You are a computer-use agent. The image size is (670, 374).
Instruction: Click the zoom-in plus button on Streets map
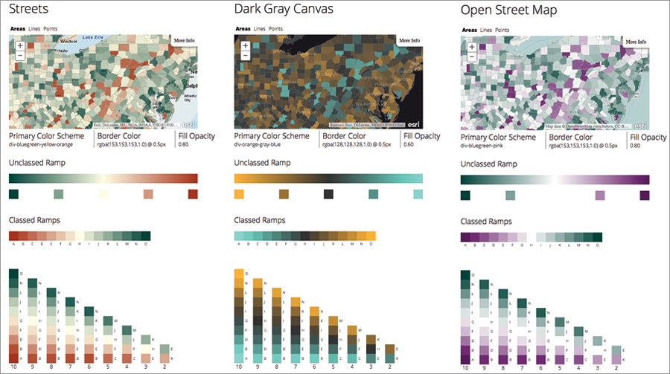pyautogui.click(x=20, y=45)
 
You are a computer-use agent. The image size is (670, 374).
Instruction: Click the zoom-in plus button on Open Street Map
pyautogui.click(x=471, y=45)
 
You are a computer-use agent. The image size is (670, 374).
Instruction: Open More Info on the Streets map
pyautogui.click(x=184, y=41)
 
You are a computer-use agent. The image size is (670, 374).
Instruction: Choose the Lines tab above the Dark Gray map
pyautogui.click(x=259, y=29)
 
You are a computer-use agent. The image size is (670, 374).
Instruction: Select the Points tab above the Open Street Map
pyautogui.click(x=502, y=30)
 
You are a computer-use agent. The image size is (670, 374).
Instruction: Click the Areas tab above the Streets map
pyautogui.click(x=18, y=29)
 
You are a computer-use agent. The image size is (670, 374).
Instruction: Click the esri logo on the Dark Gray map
pyautogui.click(x=413, y=123)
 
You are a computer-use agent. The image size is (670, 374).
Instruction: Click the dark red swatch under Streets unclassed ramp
pyautogui.click(x=193, y=194)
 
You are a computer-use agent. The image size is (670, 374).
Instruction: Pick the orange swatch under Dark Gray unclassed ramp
pyautogui.click(x=240, y=194)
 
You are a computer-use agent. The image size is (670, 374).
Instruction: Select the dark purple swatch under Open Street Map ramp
pyautogui.click(x=644, y=195)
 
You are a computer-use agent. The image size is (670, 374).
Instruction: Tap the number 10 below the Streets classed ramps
pyautogui.click(x=13, y=367)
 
